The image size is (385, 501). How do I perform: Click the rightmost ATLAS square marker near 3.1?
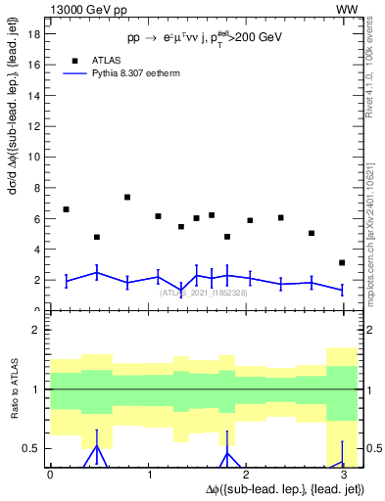pyautogui.click(x=342, y=262)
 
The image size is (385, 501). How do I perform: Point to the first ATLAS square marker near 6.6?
pyautogui.click(x=66, y=209)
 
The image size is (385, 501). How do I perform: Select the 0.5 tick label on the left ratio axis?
pyautogui.click(x=31, y=448)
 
